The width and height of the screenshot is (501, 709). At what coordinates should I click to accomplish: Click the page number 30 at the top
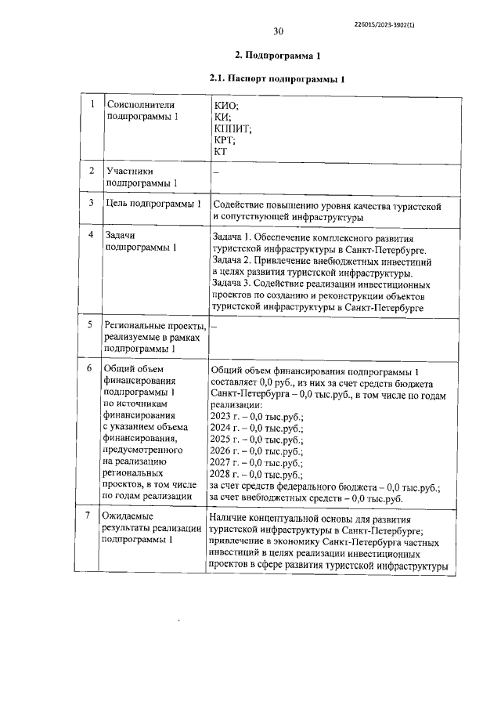(278, 32)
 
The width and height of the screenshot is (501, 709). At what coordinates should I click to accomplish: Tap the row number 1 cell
(92, 104)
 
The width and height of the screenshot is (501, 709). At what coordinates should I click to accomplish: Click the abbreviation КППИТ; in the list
(232, 128)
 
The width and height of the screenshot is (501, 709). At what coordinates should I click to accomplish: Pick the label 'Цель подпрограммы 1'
(153, 204)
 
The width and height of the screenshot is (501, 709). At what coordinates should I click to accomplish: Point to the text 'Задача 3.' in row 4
(235, 284)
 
